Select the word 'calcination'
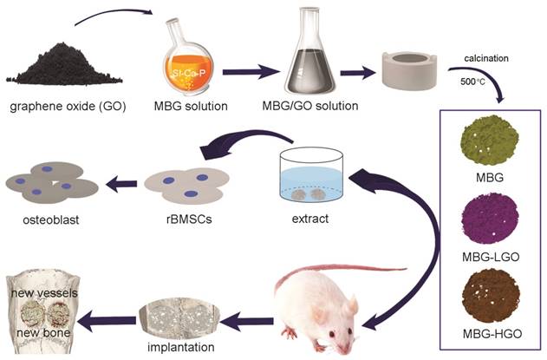488,57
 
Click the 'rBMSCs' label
176,220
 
